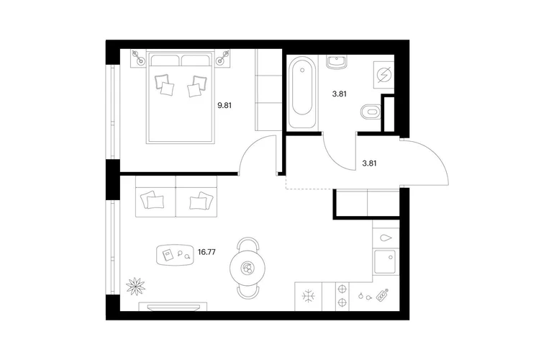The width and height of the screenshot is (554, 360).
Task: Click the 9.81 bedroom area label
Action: [224, 105]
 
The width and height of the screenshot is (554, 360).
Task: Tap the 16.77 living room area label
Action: [206, 252]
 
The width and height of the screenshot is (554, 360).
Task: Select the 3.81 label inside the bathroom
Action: [339, 94]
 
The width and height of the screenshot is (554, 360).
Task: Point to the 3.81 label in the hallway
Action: [369, 163]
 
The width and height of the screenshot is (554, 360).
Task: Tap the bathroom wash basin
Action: [337, 62]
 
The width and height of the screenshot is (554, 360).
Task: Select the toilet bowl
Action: [371, 112]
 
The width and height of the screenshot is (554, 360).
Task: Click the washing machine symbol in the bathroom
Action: [384, 75]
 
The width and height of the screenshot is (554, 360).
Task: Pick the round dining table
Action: [248, 269]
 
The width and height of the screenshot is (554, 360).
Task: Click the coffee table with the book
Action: [175, 255]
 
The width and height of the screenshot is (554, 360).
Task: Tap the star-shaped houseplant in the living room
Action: [136, 286]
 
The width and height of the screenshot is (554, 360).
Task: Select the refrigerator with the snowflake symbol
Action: [309, 297]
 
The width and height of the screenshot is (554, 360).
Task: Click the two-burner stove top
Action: [342, 297]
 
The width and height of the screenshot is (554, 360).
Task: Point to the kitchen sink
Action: [385, 262]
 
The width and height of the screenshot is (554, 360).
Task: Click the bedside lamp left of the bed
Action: [138, 58]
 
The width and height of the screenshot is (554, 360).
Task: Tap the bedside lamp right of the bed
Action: [223, 58]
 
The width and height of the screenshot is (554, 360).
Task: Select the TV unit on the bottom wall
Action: [173, 307]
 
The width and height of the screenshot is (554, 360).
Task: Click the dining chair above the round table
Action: [248, 244]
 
